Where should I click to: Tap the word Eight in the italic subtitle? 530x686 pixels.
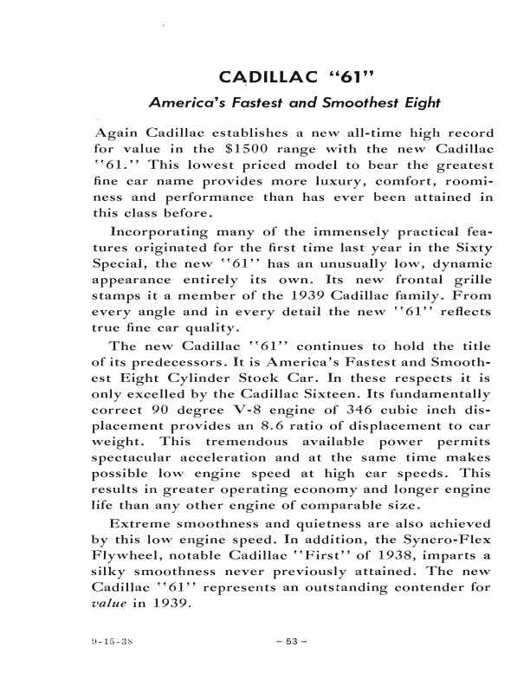click(417, 103)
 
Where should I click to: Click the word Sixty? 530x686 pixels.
click(471, 248)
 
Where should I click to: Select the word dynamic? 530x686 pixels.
click(460, 263)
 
